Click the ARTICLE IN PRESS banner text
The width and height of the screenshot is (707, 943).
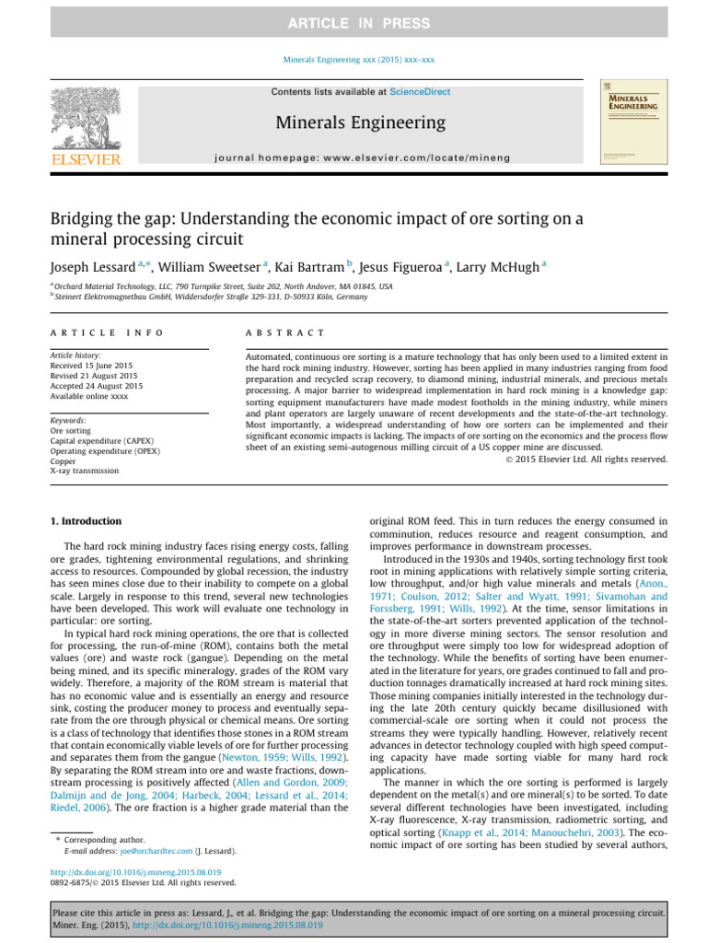pyautogui.click(x=353, y=21)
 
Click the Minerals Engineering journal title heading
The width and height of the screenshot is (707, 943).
pyautogui.click(x=354, y=122)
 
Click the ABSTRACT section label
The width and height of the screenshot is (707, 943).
pyautogui.click(x=273, y=332)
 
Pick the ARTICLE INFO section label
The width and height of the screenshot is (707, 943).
pyautogui.click(x=107, y=332)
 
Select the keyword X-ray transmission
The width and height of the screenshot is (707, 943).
pyautogui.click(x=84, y=471)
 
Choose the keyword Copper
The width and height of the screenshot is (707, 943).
pyautogui.click(x=64, y=460)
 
